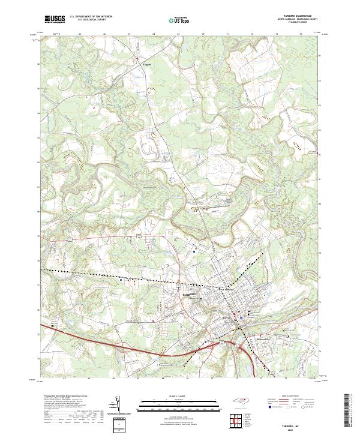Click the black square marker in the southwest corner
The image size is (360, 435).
pyautogui.click(x=53, y=326)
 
